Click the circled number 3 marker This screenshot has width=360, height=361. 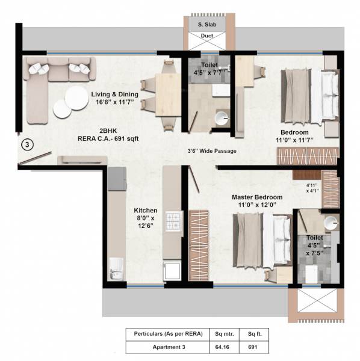click(27, 144)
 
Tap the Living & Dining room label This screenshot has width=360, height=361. click(115, 94)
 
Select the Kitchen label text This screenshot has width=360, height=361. click(145, 211)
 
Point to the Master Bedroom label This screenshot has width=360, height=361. click(258, 197)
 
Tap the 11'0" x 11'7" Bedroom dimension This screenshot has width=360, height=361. click(294, 139)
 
